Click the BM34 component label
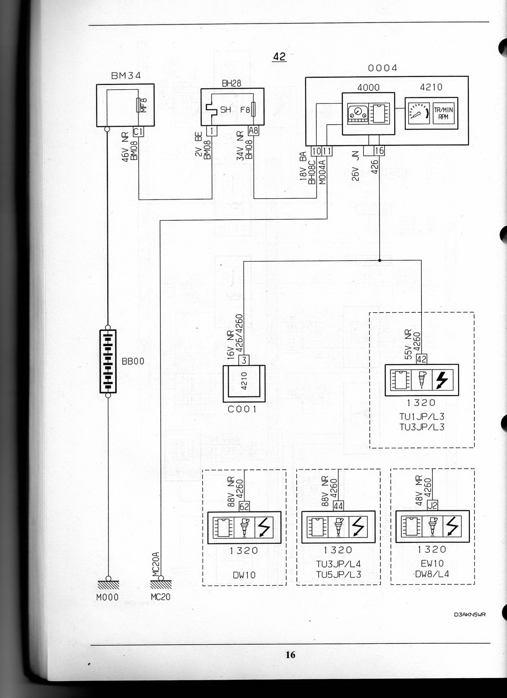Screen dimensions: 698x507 pyautogui.click(x=125, y=76)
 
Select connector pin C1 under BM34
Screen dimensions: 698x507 pyautogui.click(x=138, y=131)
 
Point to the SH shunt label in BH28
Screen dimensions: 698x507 pyautogui.click(x=225, y=109)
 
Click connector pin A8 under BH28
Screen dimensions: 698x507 pyautogui.click(x=253, y=130)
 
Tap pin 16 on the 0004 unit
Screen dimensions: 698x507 pyautogui.click(x=379, y=151)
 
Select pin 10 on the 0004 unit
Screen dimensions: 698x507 pyautogui.click(x=316, y=151)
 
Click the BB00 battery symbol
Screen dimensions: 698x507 pyautogui.click(x=108, y=361)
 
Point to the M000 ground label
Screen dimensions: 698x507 pyautogui.click(x=107, y=597)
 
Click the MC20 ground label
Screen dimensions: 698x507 pyautogui.click(x=161, y=597)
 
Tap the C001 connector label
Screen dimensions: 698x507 pyautogui.click(x=242, y=409)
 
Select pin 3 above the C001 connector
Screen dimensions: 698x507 pyautogui.click(x=244, y=360)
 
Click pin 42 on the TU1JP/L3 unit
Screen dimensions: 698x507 pyautogui.click(x=421, y=359)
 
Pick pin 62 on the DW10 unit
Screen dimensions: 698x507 pyautogui.click(x=244, y=507)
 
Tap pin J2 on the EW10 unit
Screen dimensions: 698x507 pyautogui.click(x=432, y=505)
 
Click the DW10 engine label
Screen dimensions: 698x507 pyautogui.click(x=245, y=575)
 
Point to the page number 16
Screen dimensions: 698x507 pyautogui.click(x=290, y=655)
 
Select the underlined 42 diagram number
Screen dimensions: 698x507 pyautogui.click(x=279, y=57)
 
